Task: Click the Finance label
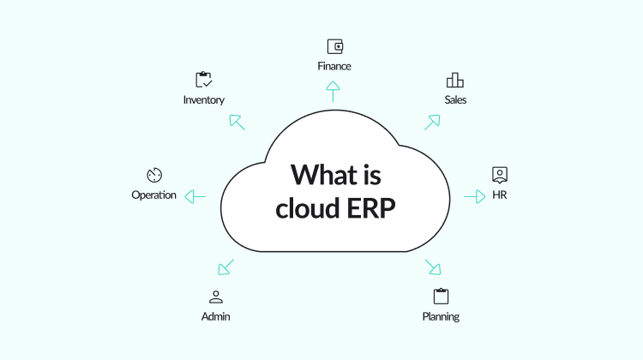pos(334,66)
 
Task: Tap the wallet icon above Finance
pos(335,46)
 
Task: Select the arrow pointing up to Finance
pos(333,92)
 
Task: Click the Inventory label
pos(204,100)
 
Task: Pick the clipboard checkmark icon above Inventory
pos(203,80)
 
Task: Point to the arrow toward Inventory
pos(237,123)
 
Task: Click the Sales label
pos(455,99)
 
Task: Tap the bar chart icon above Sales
pos(454,80)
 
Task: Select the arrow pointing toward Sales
pos(432,123)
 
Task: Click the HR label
pos(500,195)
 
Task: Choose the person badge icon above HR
pos(500,175)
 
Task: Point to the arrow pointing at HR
pos(475,197)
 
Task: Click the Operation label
pos(153,195)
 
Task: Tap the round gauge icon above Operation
pos(154,175)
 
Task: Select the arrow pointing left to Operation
pos(195,197)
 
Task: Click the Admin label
pos(216,316)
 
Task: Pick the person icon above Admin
pos(216,297)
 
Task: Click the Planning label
pos(441,316)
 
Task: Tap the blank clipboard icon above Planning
pos(441,296)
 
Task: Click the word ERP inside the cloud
pos(370,208)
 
